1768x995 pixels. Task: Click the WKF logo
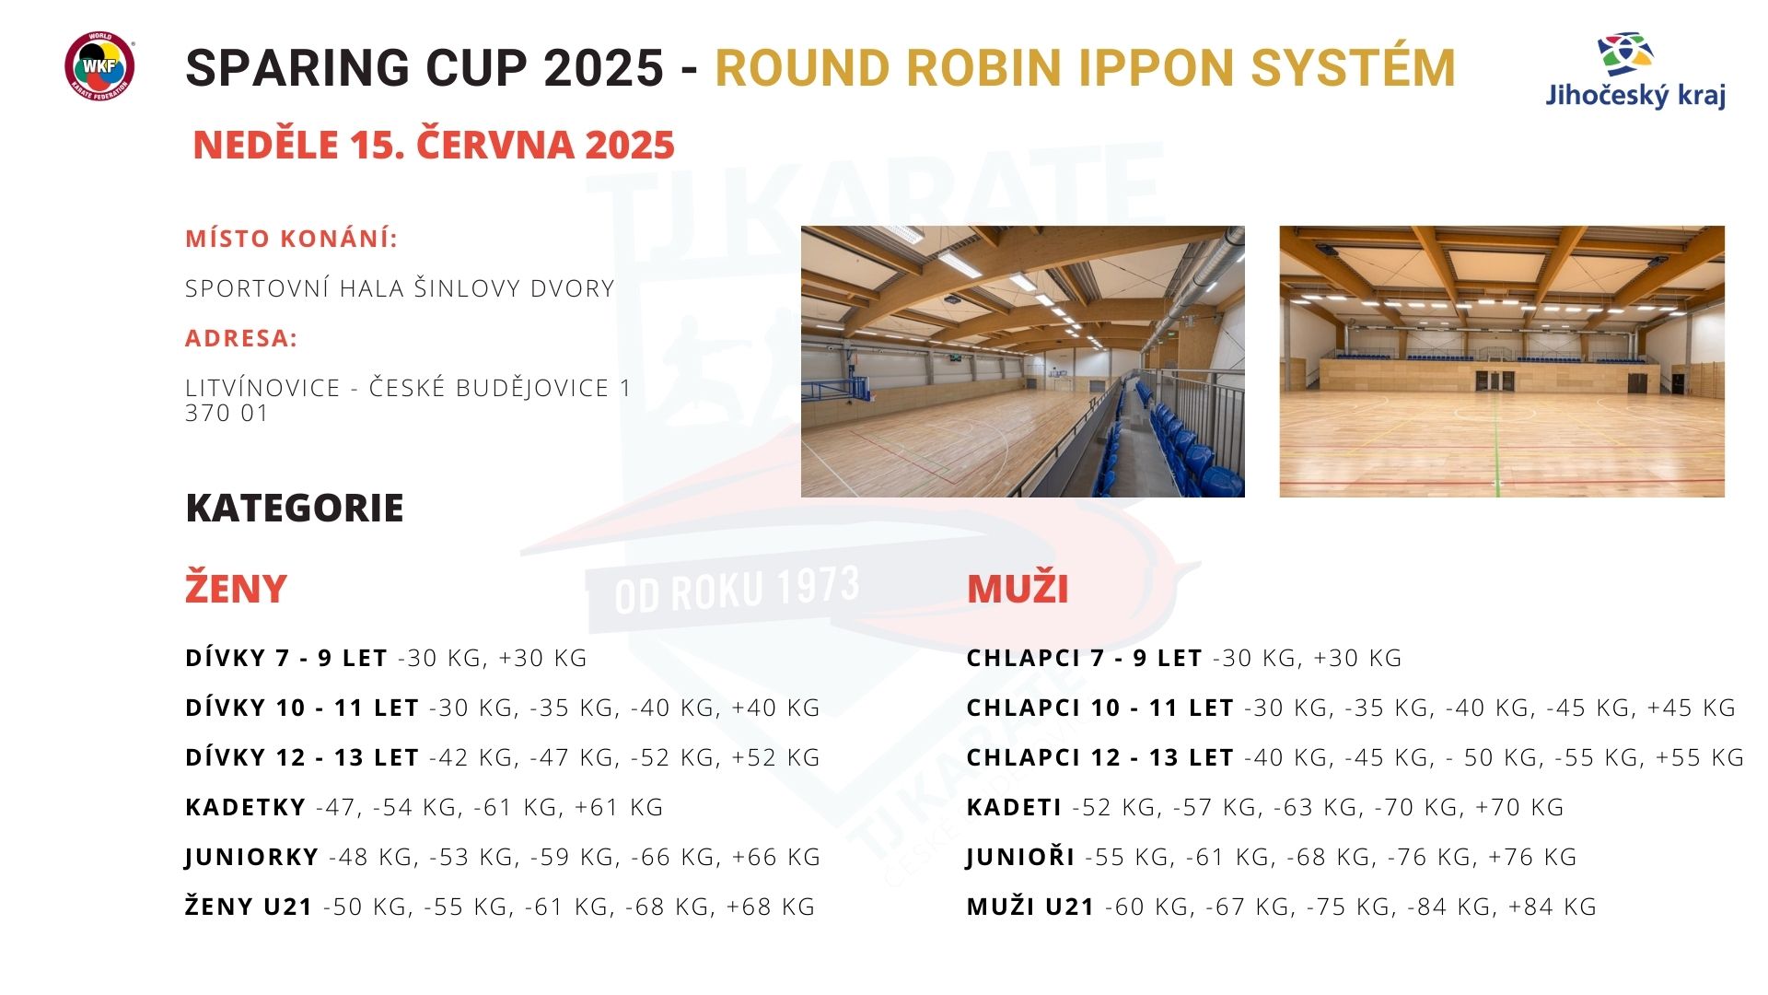(x=99, y=66)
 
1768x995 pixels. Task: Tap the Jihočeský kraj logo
(x=1634, y=72)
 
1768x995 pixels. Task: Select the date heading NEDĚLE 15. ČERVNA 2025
(x=434, y=145)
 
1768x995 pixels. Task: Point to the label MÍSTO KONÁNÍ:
(x=292, y=239)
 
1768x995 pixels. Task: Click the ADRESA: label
(x=241, y=338)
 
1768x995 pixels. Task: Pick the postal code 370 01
(x=227, y=414)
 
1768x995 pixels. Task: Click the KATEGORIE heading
(x=295, y=508)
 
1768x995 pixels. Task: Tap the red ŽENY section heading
(x=236, y=588)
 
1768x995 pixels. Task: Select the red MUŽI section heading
(x=1018, y=589)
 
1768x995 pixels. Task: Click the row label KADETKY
(x=246, y=807)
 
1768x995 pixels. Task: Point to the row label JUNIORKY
(x=251, y=857)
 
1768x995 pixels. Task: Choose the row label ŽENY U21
(x=250, y=907)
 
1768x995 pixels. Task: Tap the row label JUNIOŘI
(x=1021, y=857)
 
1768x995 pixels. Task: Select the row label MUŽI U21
(x=1030, y=907)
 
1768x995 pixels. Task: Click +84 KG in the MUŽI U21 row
(x=1553, y=907)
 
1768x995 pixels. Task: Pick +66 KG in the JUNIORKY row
(x=776, y=857)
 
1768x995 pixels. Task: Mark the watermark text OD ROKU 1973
(x=737, y=591)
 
